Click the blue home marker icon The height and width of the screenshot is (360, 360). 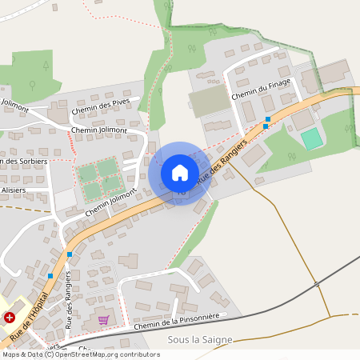point(180,172)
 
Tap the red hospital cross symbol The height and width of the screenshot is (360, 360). point(10,317)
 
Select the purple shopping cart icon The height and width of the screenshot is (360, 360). point(103,320)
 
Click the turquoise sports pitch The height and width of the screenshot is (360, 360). point(311,138)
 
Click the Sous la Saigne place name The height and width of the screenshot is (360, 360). point(200,340)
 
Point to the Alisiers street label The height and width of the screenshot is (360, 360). point(13,190)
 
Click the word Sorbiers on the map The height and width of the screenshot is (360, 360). point(26,162)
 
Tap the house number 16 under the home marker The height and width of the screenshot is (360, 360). point(181,192)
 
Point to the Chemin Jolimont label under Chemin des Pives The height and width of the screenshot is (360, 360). point(99,129)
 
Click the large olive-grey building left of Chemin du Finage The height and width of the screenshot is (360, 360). point(209,101)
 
